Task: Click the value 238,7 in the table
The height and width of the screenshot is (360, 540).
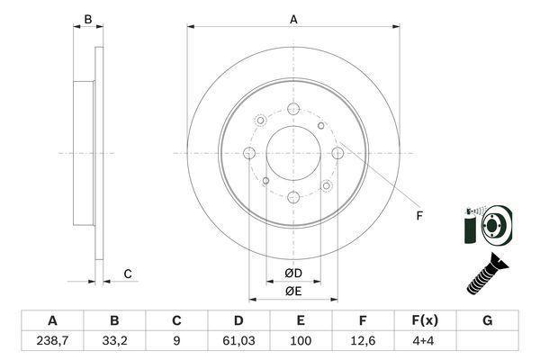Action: [x=52, y=341]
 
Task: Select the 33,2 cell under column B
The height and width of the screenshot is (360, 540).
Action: [x=114, y=341]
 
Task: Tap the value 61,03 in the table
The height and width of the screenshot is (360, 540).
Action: [x=238, y=341]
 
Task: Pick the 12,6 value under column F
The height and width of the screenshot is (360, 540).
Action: [x=363, y=341]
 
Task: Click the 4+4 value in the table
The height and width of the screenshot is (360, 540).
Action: [x=425, y=341]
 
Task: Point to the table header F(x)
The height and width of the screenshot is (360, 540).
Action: [x=425, y=320]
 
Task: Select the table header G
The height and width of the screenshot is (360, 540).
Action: [x=487, y=320]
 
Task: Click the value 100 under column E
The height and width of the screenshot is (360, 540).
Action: [x=301, y=341]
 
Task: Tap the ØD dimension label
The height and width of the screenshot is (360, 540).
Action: [x=293, y=274]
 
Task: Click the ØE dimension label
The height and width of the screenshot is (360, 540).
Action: [x=293, y=292]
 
